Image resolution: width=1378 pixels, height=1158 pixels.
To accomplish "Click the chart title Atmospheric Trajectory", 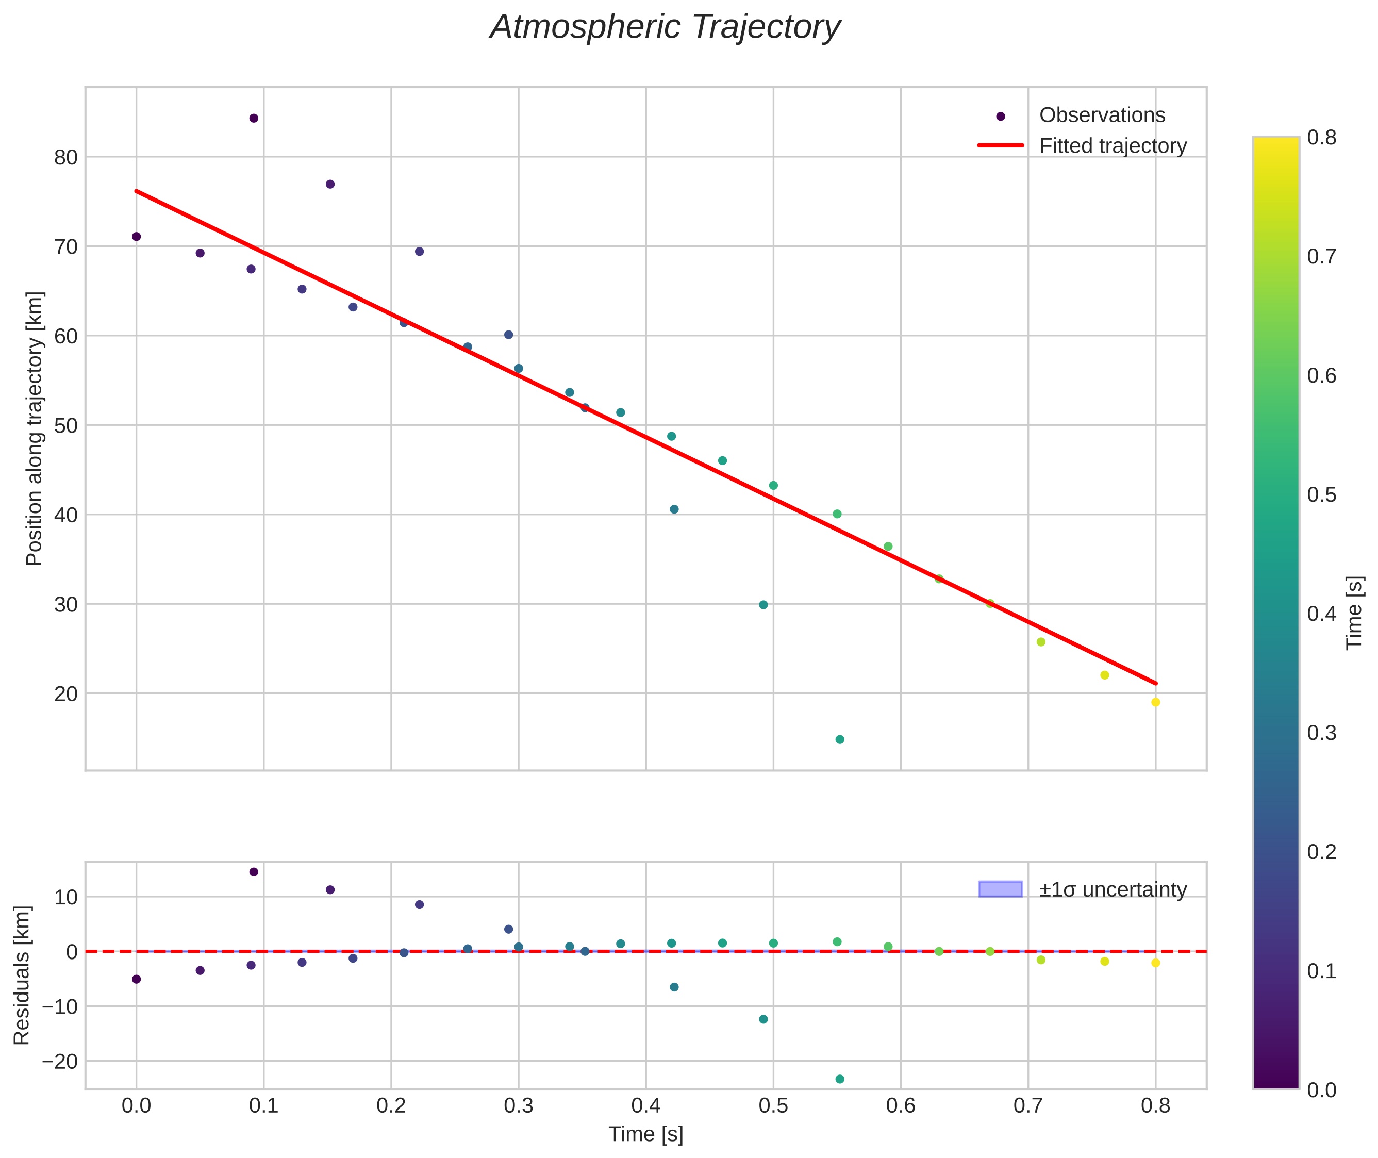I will (665, 27).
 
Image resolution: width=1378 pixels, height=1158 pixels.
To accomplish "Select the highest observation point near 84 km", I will (254, 118).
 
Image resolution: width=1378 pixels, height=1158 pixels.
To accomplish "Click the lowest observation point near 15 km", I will (840, 739).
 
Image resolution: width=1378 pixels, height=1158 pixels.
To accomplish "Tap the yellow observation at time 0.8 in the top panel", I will (1155, 702).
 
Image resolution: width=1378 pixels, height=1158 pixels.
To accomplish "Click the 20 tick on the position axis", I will (65, 694).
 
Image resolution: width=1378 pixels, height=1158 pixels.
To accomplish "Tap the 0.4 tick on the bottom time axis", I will (646, 1106).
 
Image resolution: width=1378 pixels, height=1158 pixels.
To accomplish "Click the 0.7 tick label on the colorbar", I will (1321, 257).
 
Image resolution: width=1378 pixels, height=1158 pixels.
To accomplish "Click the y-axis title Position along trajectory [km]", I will (34, 428).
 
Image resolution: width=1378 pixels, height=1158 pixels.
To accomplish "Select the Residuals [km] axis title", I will (22, 975).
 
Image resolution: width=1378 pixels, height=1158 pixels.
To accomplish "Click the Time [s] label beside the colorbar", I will (1354, 613).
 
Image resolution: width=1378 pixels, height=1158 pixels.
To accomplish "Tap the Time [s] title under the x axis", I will (645, 1134).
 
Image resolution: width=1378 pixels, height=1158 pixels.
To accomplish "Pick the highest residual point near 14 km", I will (254, 872).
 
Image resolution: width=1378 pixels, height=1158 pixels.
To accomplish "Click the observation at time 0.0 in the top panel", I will (137, 236).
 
